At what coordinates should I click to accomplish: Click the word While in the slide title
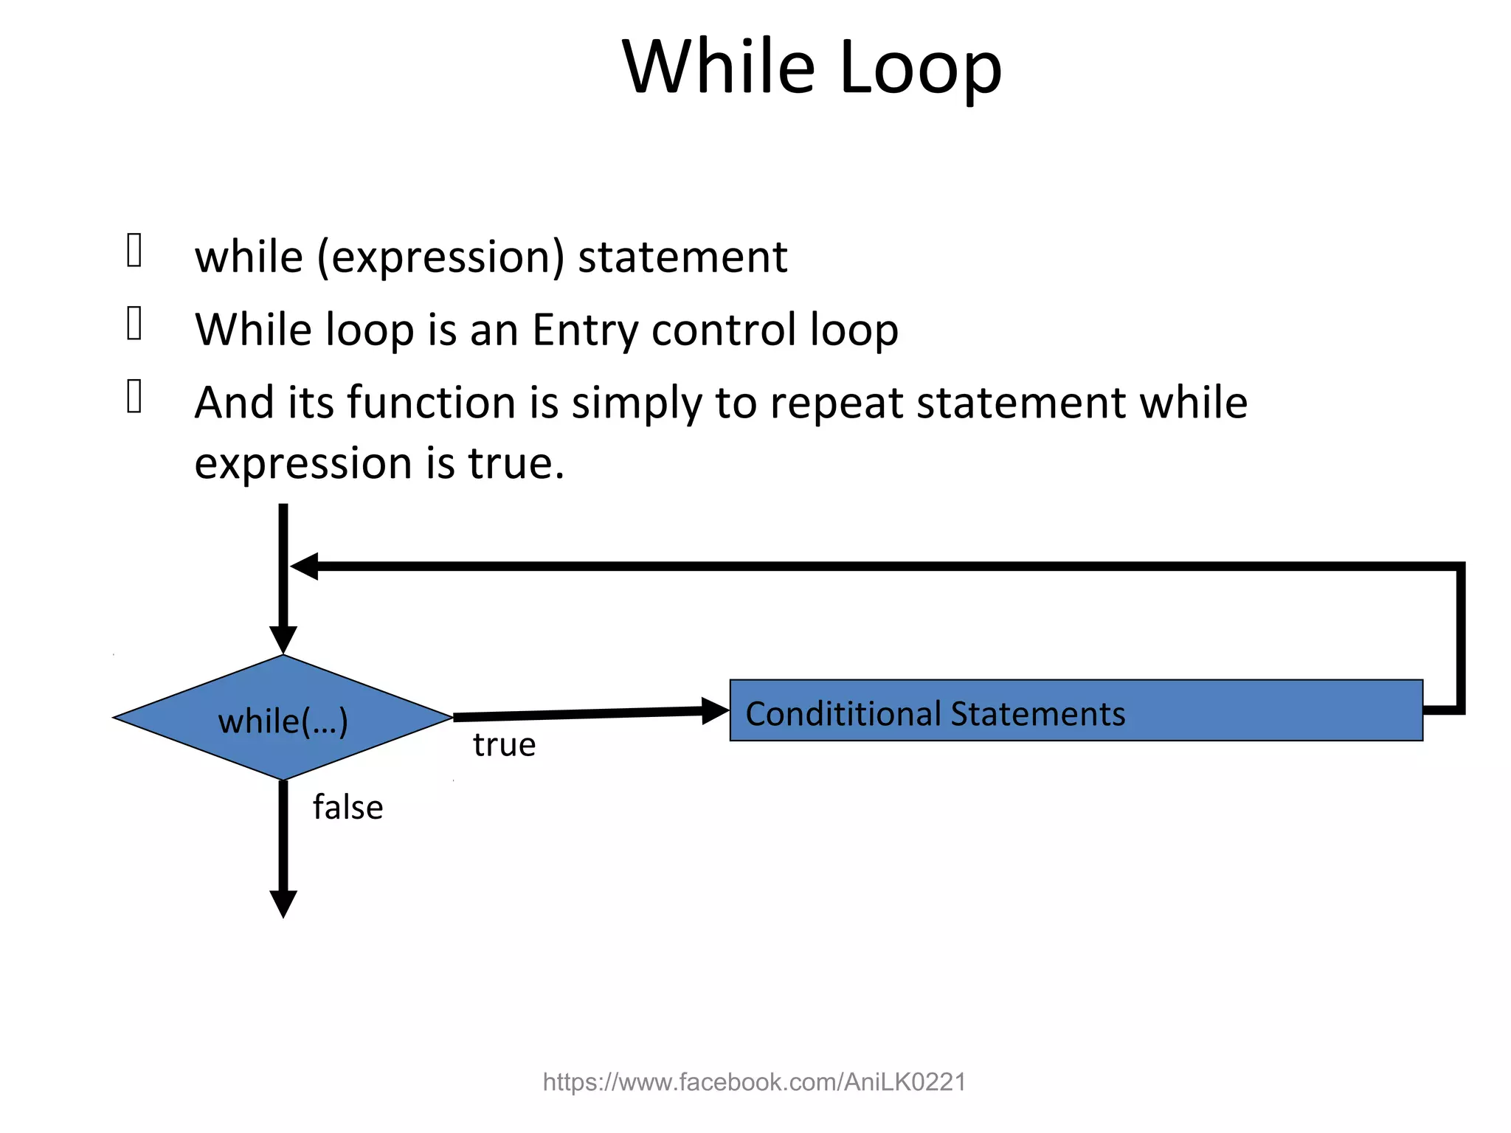coord(719,68)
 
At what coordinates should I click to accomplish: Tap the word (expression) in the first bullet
coord(440,257)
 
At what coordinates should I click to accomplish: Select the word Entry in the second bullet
coord(584,330)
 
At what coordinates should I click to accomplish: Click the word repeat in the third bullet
coord(837,403)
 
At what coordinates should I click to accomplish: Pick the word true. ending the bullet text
coord(516,464)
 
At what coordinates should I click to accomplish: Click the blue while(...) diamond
coord(283,718)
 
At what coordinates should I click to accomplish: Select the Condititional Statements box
coord(1076,710)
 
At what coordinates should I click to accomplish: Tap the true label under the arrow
coord(504,745)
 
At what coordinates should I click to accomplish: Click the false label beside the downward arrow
coord(348,808)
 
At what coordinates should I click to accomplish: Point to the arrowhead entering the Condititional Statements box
coord(714,711)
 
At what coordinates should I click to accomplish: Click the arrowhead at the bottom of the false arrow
coord(283,903)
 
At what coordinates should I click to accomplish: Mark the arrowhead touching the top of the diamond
coord(283,639)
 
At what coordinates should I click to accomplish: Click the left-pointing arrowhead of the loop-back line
coord(305,566)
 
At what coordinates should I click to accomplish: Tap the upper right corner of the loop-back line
coord(1460,567)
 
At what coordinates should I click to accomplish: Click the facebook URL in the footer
coord(754,1082)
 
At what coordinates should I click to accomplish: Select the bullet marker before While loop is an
coord(134,324)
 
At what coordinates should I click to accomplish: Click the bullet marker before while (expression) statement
coord(134,250)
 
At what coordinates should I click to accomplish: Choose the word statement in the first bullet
coord(682,257)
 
